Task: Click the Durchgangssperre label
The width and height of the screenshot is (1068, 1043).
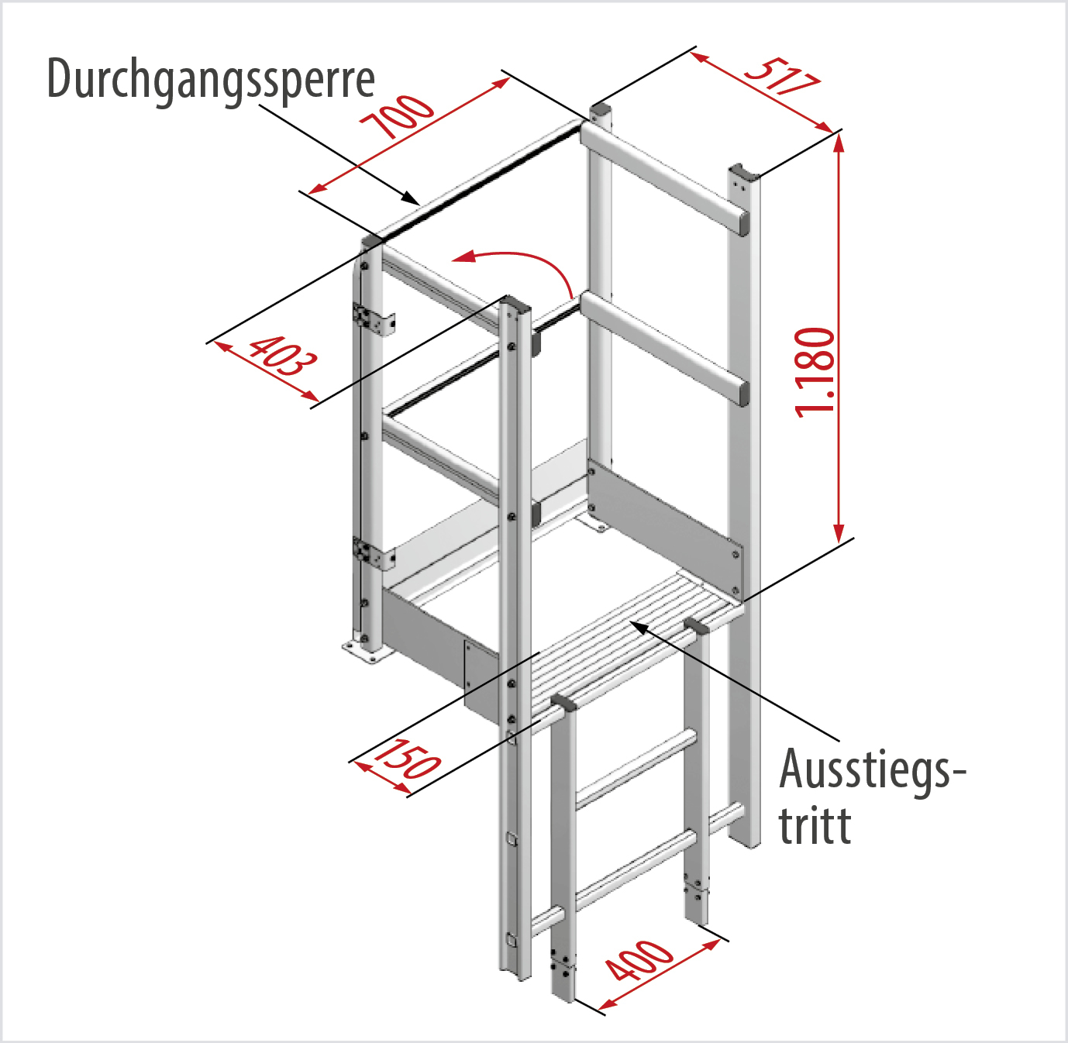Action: (212, 81)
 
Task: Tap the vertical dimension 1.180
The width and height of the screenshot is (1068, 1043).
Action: (815, 372)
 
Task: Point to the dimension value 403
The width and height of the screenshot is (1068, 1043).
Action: (283, 356)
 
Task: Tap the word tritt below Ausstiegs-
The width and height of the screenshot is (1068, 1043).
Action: (815, 825)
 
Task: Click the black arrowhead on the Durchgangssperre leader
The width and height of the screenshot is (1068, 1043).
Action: (411, 198)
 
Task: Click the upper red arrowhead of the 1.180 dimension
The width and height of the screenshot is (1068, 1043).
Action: (839, 143)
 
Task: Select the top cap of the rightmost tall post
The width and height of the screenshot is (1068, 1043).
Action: (744, 170)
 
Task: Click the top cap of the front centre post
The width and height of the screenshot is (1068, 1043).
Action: (516, 302)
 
